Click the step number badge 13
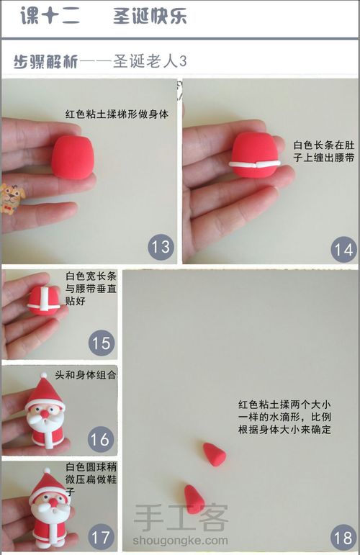[161, 247]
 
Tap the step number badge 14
[343, 250]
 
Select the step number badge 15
[102, 343]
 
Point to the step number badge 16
[101, 439]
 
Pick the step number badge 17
[101, 537]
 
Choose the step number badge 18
[343, 538]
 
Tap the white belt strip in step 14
[254, 164]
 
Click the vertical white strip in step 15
[45, 300]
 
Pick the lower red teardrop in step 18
[194, 499]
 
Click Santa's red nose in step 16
[45, 413]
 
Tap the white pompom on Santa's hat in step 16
[43, 375]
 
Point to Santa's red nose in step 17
[53, 502]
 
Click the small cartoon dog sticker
[12, 199]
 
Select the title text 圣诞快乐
[150, 16]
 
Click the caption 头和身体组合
[85, 374]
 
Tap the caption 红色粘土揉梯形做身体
[117, 114]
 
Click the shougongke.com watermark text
[181, 541]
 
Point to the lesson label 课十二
[50, 16]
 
